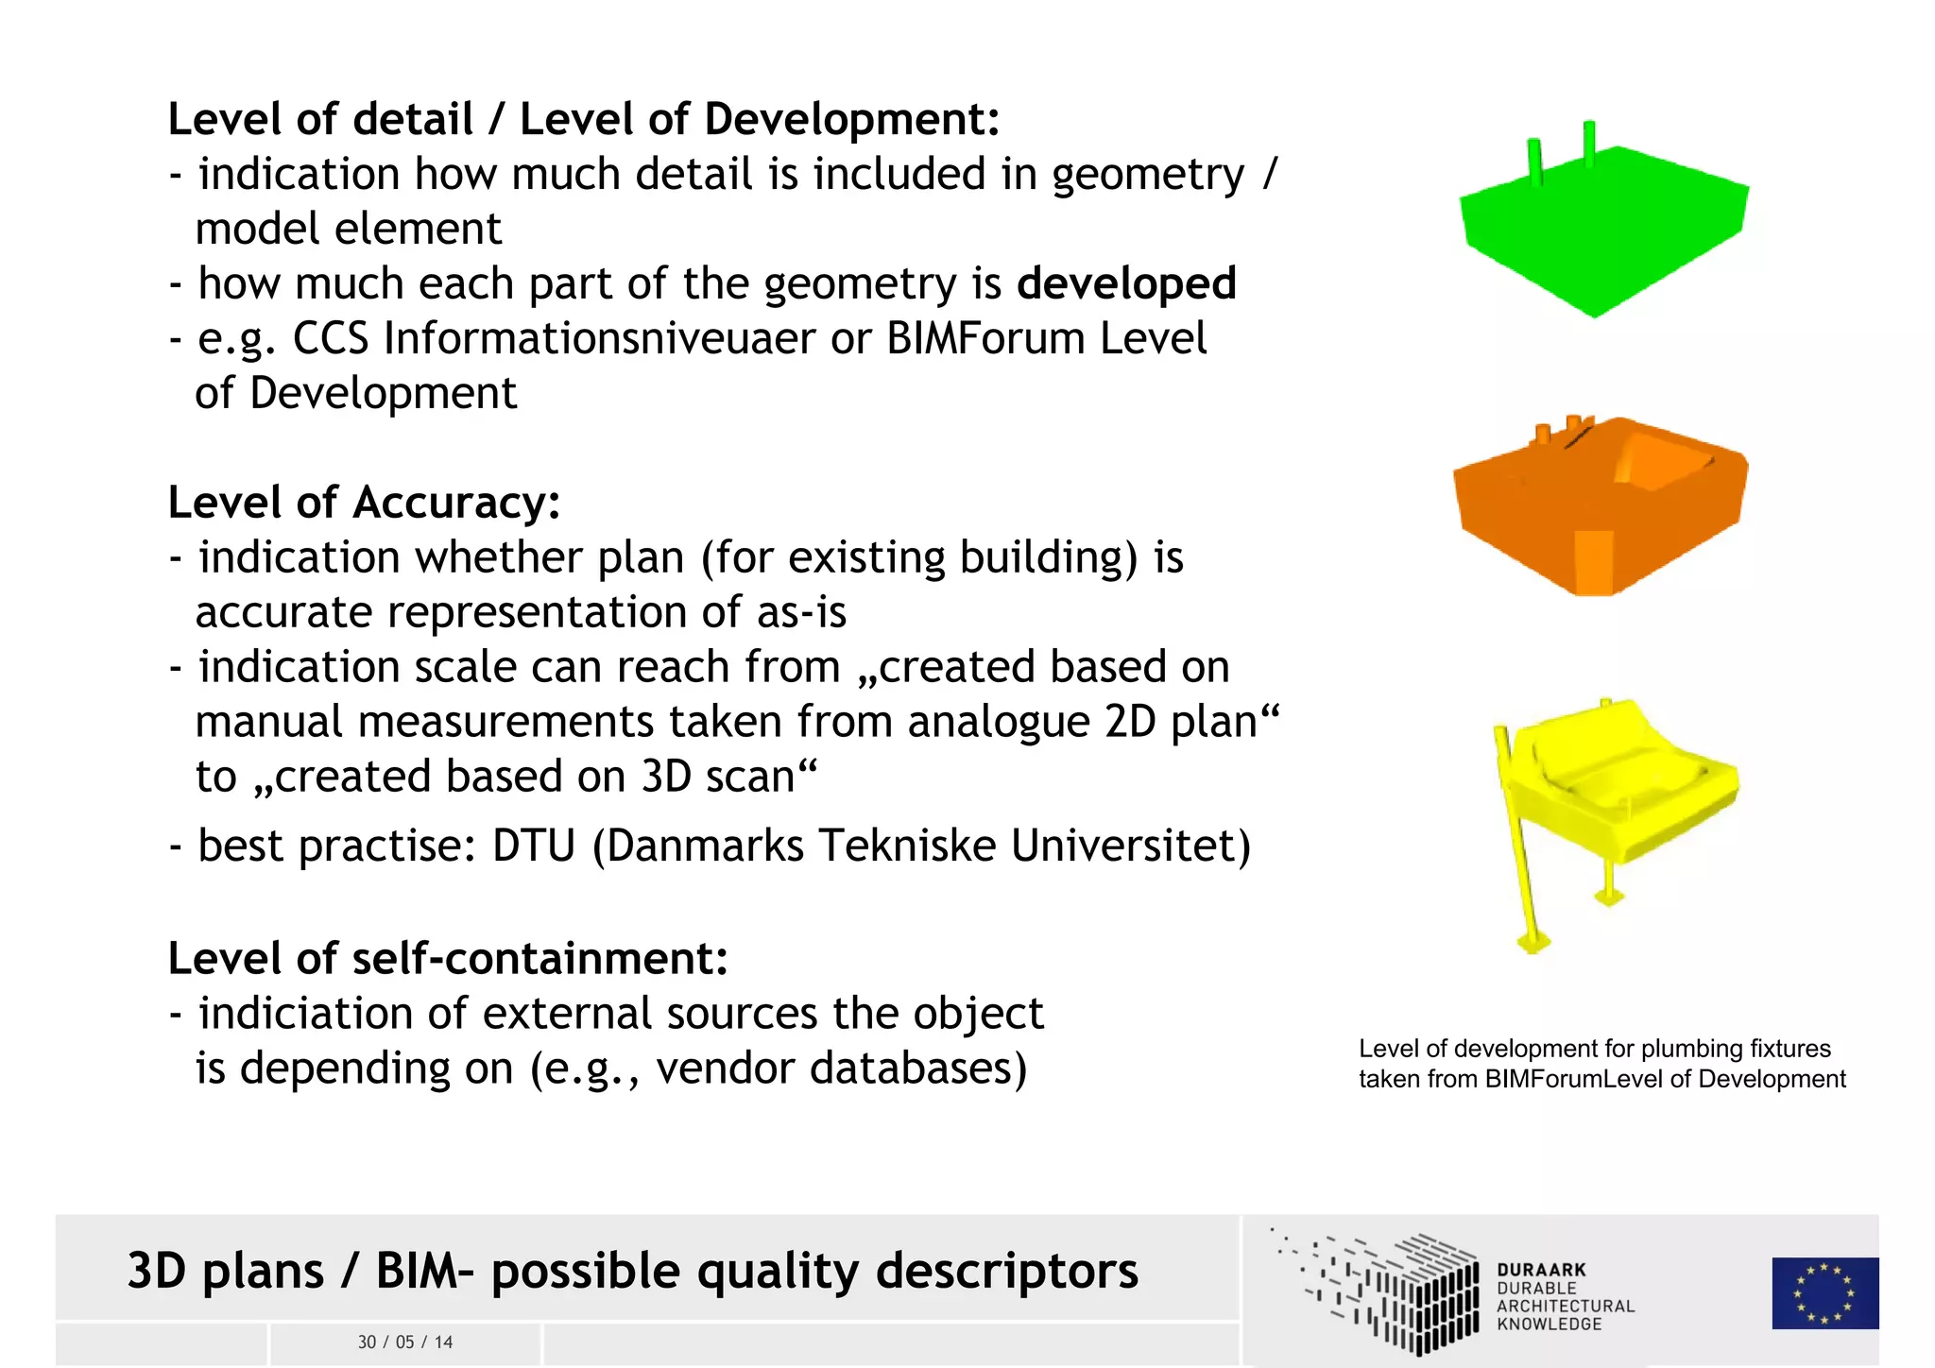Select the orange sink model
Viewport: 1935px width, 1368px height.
[1599, 510]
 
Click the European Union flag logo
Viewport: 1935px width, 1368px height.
[1824, 1292]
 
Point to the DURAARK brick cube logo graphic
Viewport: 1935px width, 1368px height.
[1389, 1291]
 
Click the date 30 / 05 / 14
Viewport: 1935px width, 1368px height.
[405, 1342]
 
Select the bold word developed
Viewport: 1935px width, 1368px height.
[1126, 283]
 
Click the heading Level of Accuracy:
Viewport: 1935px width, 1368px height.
[364, 502]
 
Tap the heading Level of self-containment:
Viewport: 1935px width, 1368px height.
[448, 958]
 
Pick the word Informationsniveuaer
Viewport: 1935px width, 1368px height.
[599, 338]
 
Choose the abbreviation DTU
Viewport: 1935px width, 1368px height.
[533, 845]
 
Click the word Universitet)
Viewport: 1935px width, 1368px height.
[1130, 845]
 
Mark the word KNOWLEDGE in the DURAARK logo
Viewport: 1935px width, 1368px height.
[1550, 1325]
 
